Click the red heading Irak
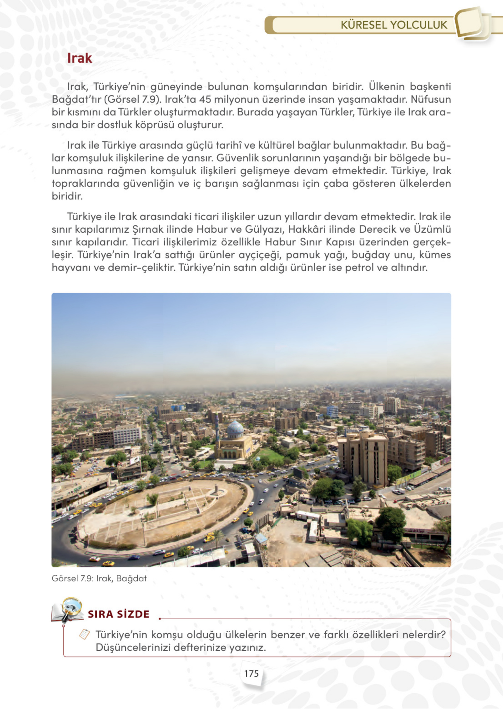pos(80,58)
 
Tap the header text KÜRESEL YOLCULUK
pos(394,25)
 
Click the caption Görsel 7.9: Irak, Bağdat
pos(99,578)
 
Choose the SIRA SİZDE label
pos(119,614)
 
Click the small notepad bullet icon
pos(84,634)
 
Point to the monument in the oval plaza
pos(216,489)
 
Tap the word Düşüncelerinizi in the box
pos(133,647)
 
